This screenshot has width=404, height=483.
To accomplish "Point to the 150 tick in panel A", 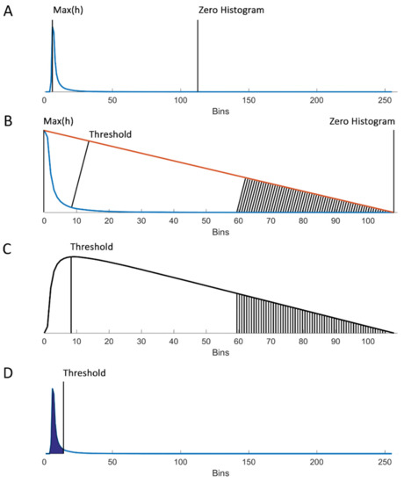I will [x=248, y=100].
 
